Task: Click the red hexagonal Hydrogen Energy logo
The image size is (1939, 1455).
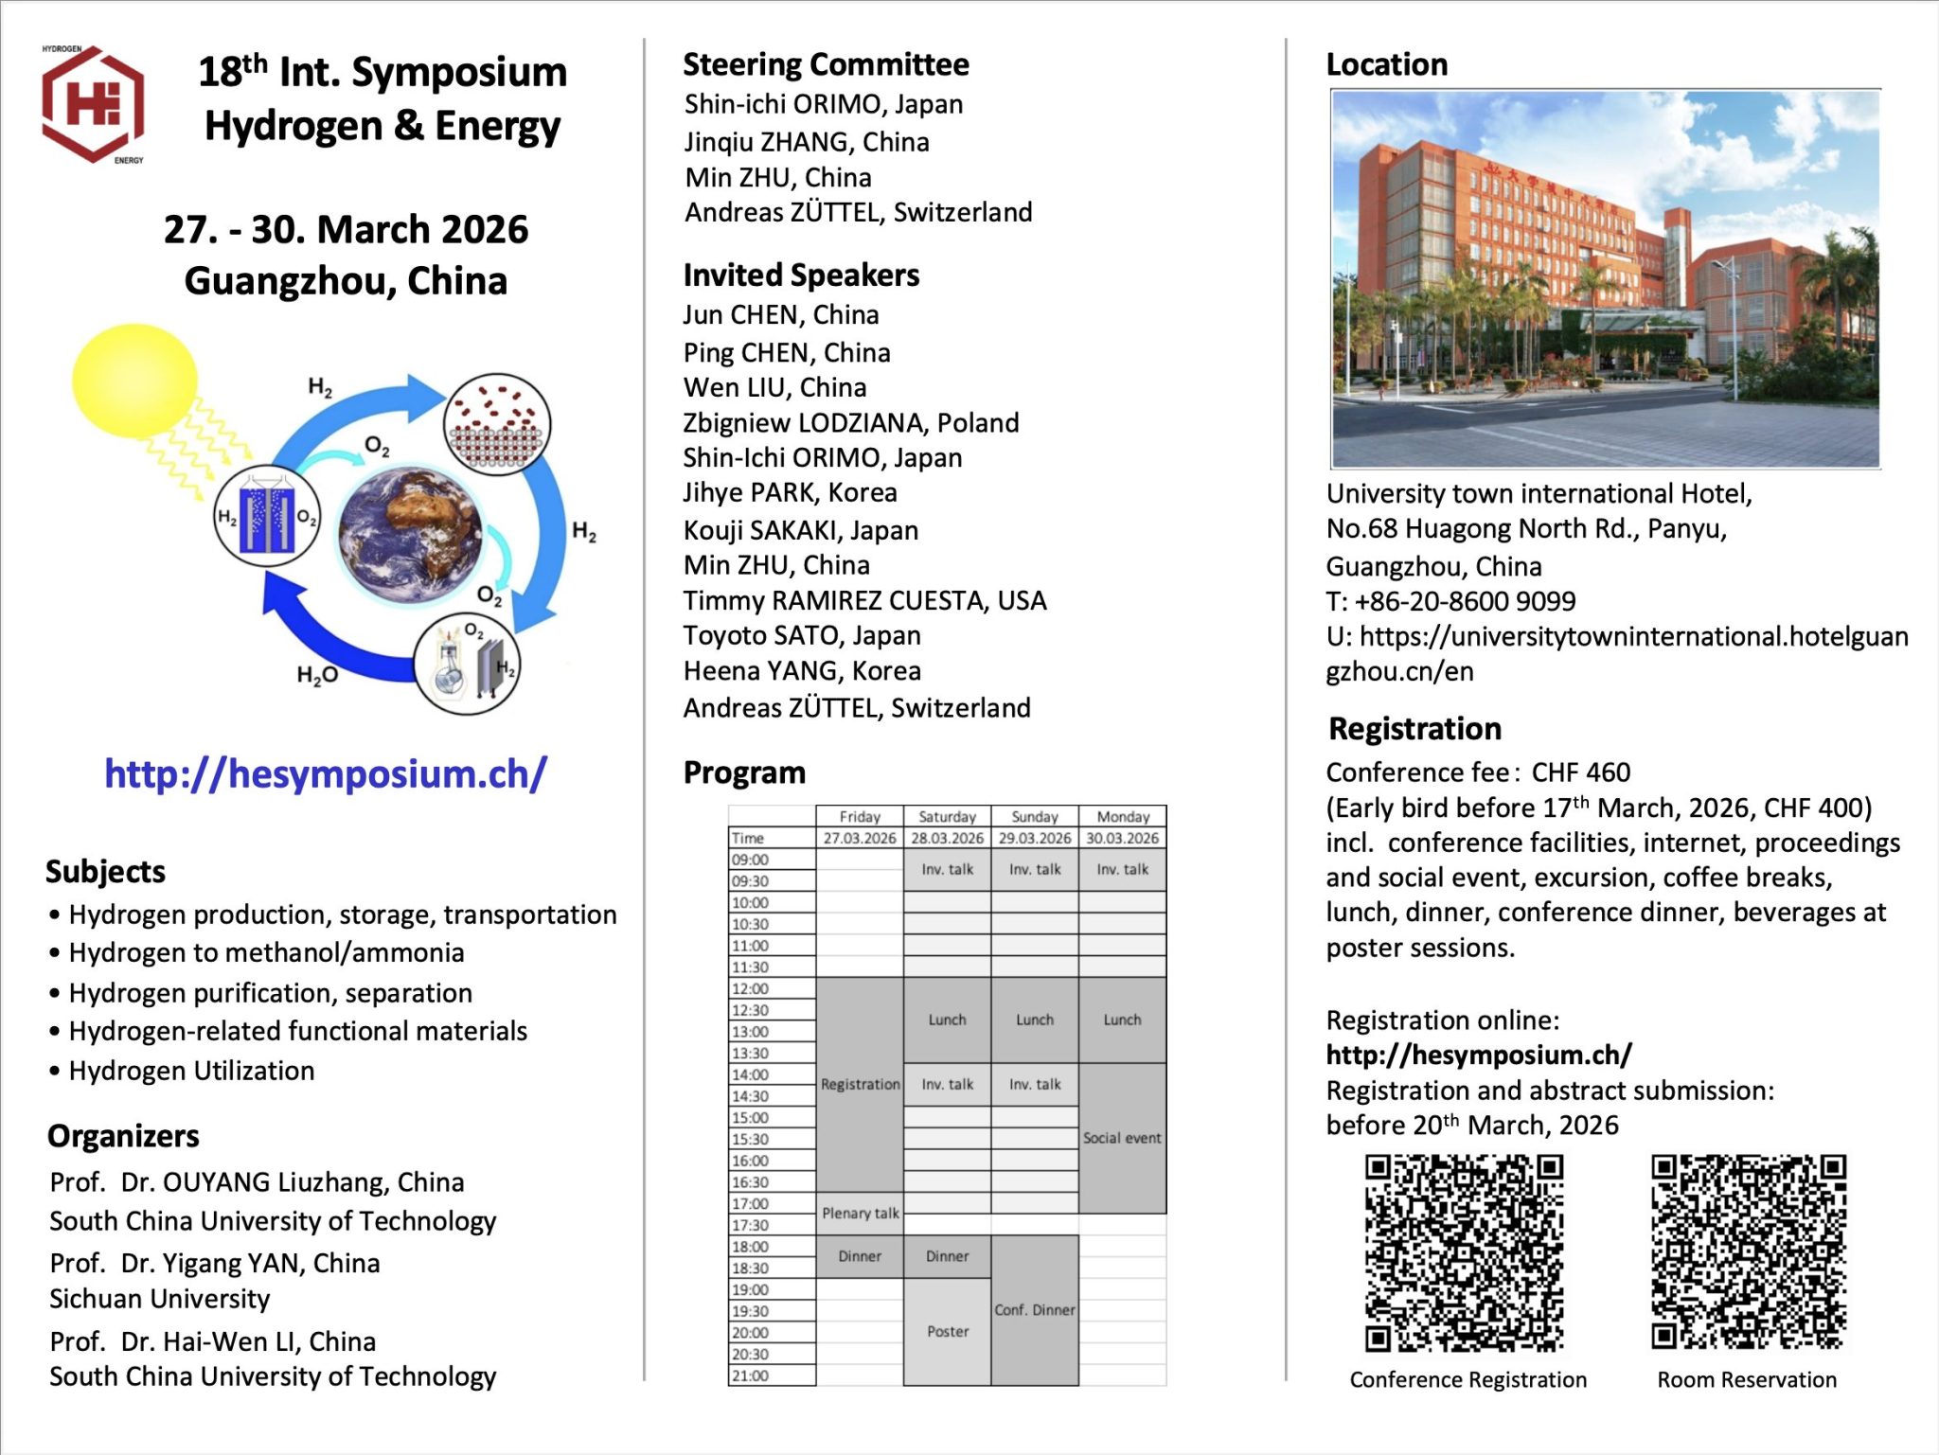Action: coord(93,104)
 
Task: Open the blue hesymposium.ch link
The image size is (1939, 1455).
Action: coord(326,773)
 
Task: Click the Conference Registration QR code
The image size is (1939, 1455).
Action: coord(1464,1252)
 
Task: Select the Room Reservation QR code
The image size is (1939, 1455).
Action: coord(1749,1251)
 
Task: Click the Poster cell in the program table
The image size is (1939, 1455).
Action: coord(948,1331)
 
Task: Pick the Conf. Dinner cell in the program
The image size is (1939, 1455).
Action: coord(1035,1309)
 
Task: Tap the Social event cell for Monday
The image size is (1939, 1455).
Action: coord(1122,1138)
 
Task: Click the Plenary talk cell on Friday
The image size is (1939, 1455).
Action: coord(860,1213)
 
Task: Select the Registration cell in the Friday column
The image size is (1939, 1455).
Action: coord(860,1084)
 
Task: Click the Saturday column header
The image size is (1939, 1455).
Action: coord(947,816)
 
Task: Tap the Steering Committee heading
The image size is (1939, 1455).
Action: coord(826,64)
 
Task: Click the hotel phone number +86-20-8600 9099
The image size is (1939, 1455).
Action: coord(1465,601)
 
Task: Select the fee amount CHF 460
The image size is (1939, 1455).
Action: coord(1581,772)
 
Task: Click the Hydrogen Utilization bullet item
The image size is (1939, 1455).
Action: coord(191,1071)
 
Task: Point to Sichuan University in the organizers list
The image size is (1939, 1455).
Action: coord(160,1299)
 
